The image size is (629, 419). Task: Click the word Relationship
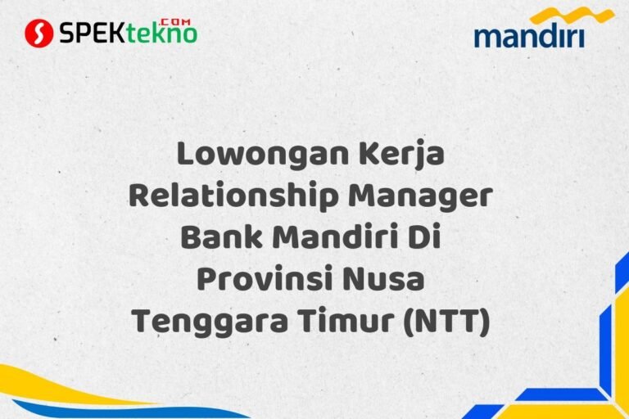tap(232, 198)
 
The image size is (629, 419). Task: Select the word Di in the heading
tap(425, 239)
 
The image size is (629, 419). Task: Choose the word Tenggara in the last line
tap(212, 322)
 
